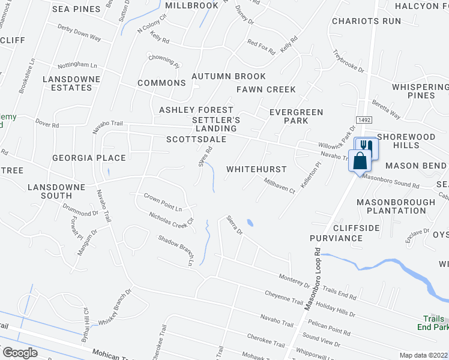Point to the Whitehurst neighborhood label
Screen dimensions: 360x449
(256, 170)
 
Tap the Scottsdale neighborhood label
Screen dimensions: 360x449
(196, 139)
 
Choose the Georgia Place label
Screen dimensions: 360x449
(89, 158)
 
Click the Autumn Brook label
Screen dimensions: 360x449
(228, 77)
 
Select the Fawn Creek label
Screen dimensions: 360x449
(266, 89)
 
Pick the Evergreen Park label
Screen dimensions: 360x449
(296, 116)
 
